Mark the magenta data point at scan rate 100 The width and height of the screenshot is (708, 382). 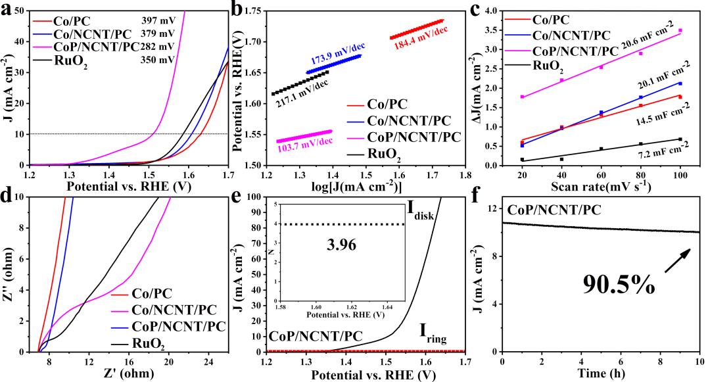coord(680,31)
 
